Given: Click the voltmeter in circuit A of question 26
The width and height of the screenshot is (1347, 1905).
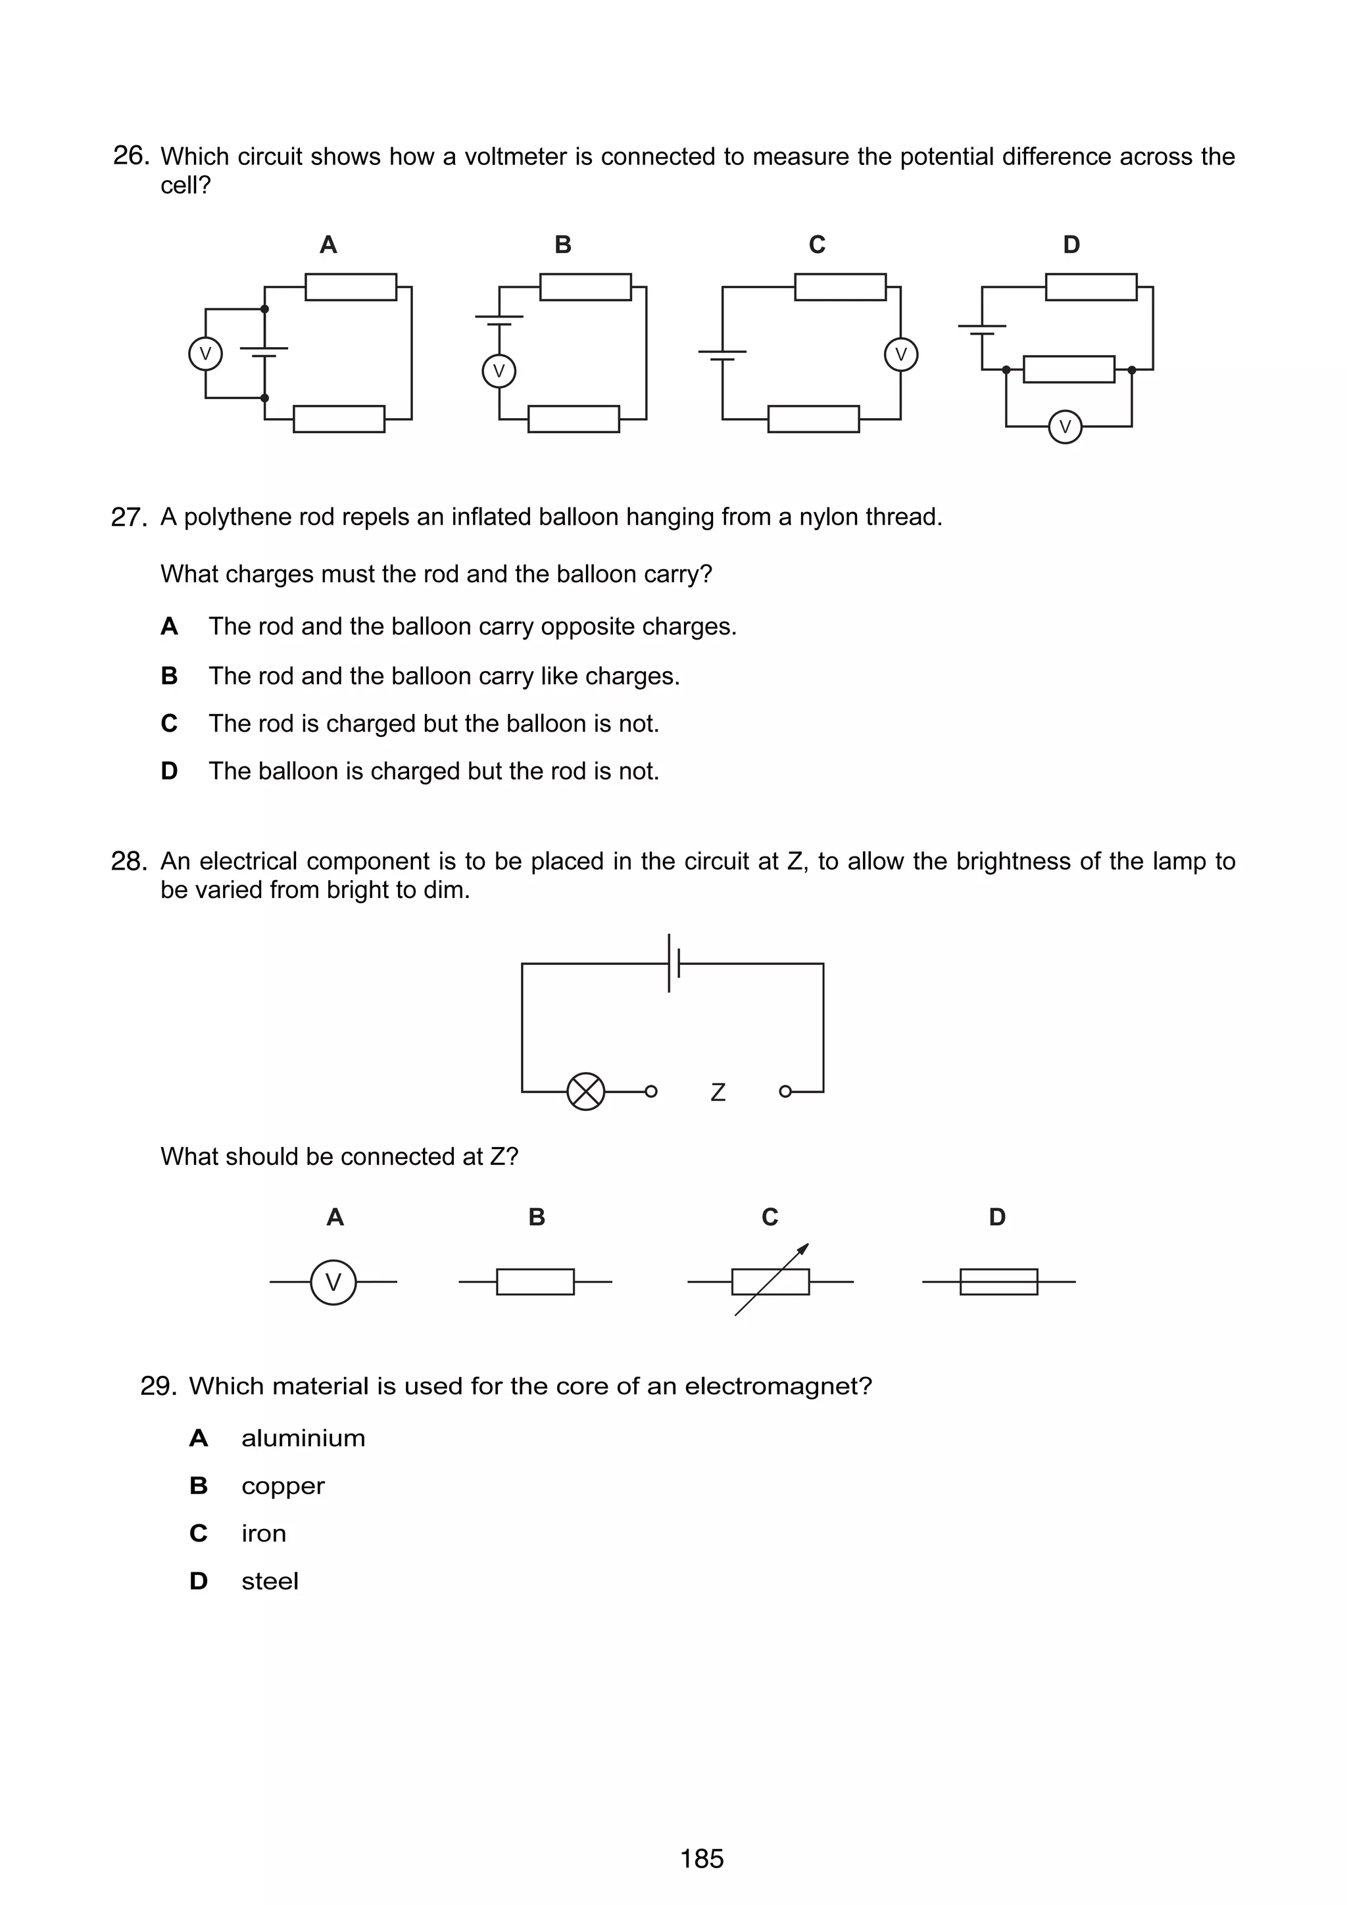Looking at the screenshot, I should pyautogui.click(x=205, y=354).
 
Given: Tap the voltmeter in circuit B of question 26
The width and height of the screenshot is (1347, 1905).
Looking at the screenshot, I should pyautogui.click(x=499, y=371).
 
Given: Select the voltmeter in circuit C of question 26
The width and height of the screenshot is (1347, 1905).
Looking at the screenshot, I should pyautogui.click(x=900, y=354).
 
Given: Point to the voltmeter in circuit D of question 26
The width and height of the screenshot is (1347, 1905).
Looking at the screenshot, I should pyautogui.click(x=1065, y=427).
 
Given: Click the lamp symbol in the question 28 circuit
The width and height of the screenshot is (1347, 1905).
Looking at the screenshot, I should pyautogui.click(x=586, y=1091).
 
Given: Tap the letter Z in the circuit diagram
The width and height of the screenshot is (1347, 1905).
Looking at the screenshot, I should pyautogui.click(x=718, y=1093).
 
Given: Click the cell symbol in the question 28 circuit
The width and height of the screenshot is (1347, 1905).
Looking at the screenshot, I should pyautogui.click(x=674, y=963).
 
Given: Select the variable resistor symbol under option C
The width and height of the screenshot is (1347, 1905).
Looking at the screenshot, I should pyautogui.click(x=770, y=1282).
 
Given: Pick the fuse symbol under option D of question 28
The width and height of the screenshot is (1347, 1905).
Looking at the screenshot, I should pyautogui.click(x=998, y=1282).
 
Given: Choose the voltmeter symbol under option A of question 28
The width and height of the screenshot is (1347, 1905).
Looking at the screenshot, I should pyautogui.click(x=333, y=1282).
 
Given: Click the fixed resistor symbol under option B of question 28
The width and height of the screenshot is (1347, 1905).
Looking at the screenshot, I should pyautogui.click(x=535, y=1282).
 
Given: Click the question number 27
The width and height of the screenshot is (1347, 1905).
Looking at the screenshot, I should pyautogui.click(x=129, y=518).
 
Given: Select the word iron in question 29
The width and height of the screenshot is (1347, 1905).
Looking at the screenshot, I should pyautogui.click(x=263, y=1534).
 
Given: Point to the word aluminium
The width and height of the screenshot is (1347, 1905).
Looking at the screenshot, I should pyautogui.click(x=303, y=1438).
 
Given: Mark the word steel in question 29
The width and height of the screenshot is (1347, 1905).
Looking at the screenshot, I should pyautogui.click(x=270, y=1582).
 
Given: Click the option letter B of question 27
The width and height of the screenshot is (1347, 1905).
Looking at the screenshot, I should pyautogui.click(x=169, y=676).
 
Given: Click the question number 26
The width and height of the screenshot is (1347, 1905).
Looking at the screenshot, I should pyautogui.click(x=130, y=156).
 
